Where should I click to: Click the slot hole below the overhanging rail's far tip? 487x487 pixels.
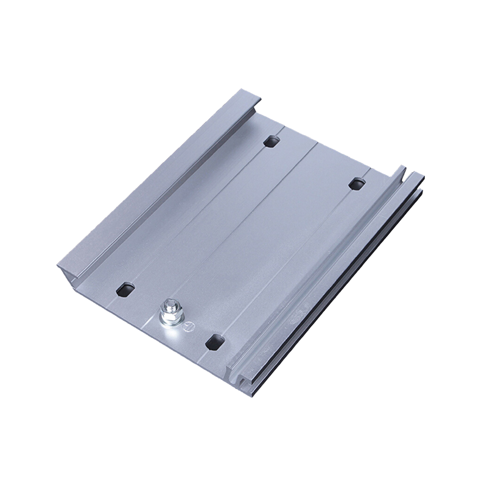click(270, 142)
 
